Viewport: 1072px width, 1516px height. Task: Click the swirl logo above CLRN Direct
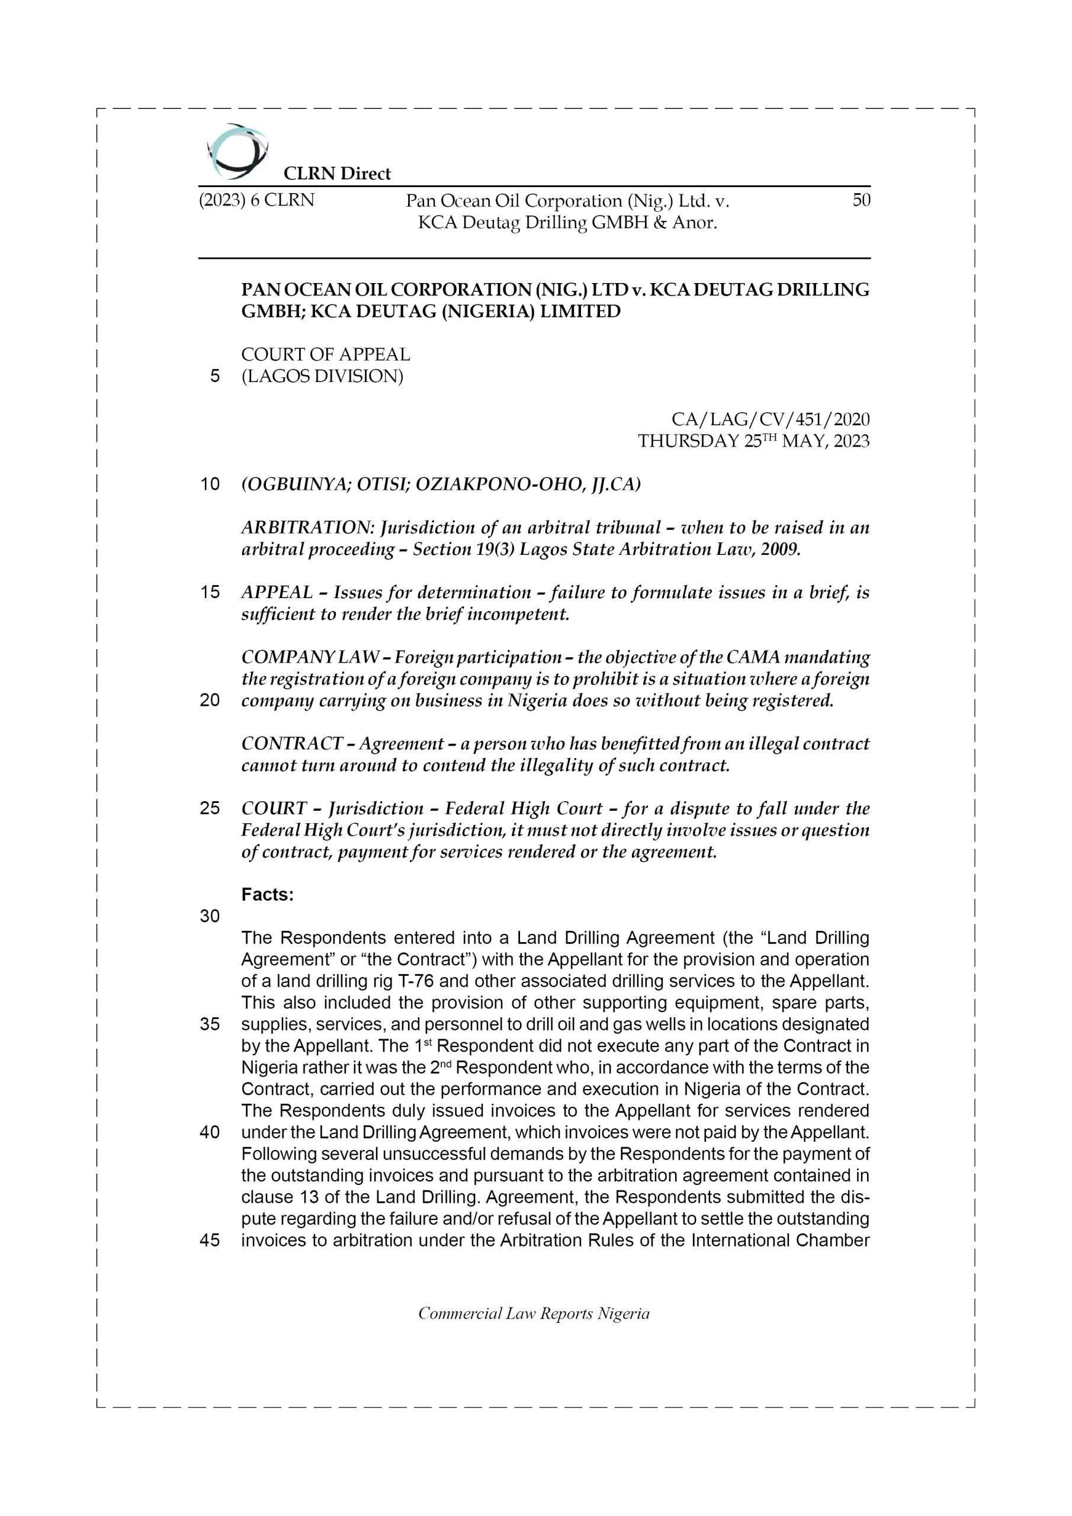pos(236,151)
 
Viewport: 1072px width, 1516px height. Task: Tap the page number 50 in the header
pos(861,200)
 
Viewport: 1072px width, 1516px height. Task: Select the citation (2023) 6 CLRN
pos(256,200)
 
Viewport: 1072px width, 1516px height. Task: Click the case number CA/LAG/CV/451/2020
pos(770,419)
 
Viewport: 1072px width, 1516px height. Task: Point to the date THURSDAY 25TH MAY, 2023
pos(753,441)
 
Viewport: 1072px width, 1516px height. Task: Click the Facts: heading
pos(268,895)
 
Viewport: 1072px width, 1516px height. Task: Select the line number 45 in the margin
pos(210,1240)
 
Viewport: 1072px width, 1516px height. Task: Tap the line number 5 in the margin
pos(214,377)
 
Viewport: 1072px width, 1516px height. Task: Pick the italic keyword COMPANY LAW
pos(310,658)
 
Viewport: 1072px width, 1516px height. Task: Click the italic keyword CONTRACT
pos(291,743)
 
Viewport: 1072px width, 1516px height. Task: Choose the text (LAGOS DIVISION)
pos(322,377)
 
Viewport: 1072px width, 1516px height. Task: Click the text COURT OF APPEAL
pos(326,355)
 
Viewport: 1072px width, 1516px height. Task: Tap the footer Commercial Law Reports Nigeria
pos(534,1314)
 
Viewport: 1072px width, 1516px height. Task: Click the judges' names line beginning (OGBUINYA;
pos(441,484)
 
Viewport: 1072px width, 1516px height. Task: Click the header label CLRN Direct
pos(337,174)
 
